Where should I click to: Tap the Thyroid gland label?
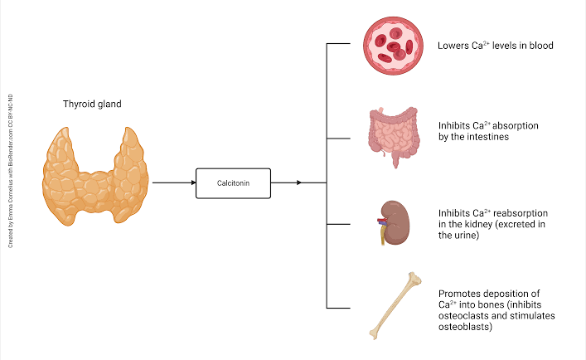coord(94,105)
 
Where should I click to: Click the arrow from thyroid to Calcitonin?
coord(172,182)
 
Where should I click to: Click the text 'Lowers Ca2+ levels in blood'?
coord(495,46)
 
